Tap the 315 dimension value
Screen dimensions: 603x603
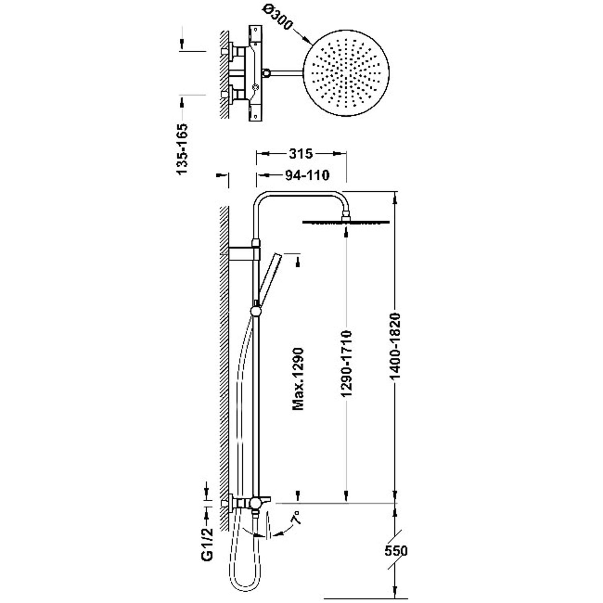coord(300,153)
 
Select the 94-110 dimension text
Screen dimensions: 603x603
coord(307,175)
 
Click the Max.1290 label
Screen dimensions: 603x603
coord(298,379)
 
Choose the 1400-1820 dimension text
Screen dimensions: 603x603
coord(396,346)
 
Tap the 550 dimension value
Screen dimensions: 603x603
coord(396,550)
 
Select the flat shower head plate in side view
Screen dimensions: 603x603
coord(346,222)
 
